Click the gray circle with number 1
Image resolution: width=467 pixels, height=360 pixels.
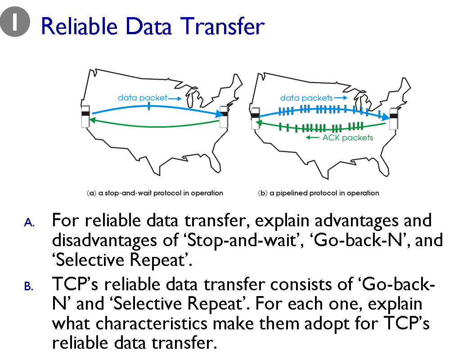pyautogui.click(x=15, y=22)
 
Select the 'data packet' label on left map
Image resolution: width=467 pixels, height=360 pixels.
pyautogui.click(x=142, y=97)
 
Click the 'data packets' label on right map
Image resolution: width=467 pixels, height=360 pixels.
pyautogui.click(x=306, y=98)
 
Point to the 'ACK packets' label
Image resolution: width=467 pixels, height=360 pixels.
pyautogui.click(x=347, y=138)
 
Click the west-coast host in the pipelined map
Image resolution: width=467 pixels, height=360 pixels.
pyautogui.click(x=255, y=118)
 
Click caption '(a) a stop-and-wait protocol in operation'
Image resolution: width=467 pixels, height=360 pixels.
pyautogui.click(x=155, y=193)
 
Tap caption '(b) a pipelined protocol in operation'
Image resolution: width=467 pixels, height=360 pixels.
pyautogui.click(x=319, y=193)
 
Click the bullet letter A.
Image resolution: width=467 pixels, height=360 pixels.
pyautogui.click(x=29, y=222)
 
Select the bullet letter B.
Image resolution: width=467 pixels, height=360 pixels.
pyautogui.click(x=29, y=286)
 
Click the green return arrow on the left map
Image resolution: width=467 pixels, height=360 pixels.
pyautogui.click(x=153, y=126)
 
